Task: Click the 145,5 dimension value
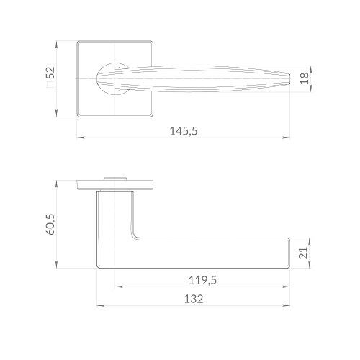click(184, 131)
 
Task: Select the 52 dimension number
click(50, 73)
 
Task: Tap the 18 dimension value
click(305, 78)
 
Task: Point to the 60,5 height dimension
click(50, 224)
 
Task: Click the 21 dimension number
click(303, 253)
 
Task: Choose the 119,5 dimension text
click(202, 280)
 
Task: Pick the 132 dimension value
click(194, 299)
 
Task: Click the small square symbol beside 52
click(50, 85)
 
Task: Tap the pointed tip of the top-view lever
click(291, 78)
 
